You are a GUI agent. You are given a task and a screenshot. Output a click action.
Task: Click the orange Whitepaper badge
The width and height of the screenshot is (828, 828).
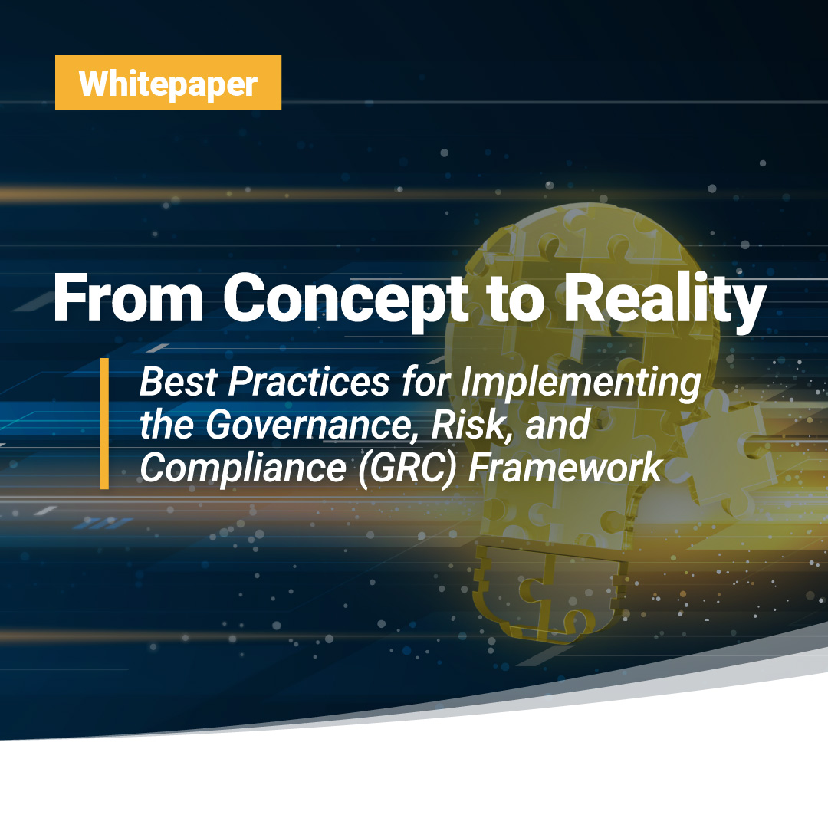coord(168,83)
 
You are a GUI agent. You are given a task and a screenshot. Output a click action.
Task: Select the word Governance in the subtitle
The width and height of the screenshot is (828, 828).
coord(308,425)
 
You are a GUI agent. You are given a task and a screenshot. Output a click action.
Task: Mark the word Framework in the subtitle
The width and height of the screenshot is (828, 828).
coord(566,468)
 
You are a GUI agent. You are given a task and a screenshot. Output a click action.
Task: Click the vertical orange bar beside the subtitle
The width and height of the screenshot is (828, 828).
coord(104,423)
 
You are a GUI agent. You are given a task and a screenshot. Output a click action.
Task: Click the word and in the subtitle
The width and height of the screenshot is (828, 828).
coord(557,425)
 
